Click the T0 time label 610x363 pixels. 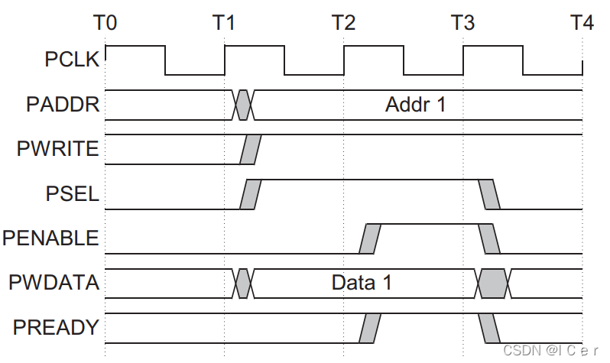point(105,23)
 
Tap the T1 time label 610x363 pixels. point(224,23)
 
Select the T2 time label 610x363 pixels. point(343,23)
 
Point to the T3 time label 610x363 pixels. point(462,23)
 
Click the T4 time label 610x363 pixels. point(582,23)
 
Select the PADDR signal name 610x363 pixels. point(63,104)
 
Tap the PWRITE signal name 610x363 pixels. point(58,149)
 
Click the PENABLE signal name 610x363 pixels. point(50,238)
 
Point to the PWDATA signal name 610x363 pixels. point(54,283)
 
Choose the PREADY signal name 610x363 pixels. point(56,328)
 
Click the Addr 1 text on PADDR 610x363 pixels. point(415,105)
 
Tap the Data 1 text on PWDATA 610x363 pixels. point(362,283)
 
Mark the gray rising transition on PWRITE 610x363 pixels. point(250,149)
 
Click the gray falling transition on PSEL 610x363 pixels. point(489,193)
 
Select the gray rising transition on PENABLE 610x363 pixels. point(370,238)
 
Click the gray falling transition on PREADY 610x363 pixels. point(489,328)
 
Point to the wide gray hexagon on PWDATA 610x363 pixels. point(494,283)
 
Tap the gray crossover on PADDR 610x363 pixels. point(243,105)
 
